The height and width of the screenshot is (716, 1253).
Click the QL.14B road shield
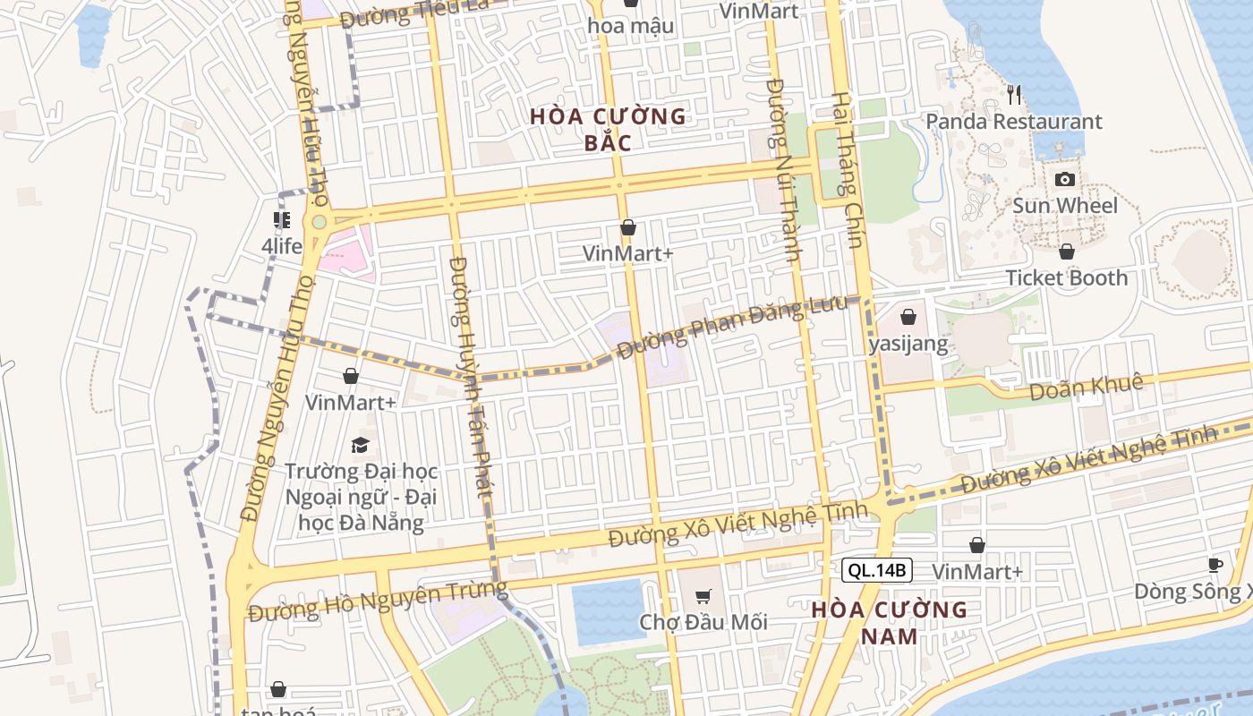pos(876,569)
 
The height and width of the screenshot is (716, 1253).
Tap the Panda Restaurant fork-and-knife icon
pos(1014,94)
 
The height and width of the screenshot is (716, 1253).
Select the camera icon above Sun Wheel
pos(1064,179)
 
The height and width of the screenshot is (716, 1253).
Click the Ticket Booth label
pos(1067,277)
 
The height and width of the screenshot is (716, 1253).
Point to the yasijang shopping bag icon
pos(908,317)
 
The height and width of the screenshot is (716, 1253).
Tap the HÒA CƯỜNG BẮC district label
pos(608,129)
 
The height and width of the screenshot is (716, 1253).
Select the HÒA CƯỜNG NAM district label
pos(890,623)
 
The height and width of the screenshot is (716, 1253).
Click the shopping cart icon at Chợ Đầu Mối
pos(703,596)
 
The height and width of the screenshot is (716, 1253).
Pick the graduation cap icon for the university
pos(360,444)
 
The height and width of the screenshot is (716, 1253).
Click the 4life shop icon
pos(282,220)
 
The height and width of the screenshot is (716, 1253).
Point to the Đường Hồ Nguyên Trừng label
pos(378,601)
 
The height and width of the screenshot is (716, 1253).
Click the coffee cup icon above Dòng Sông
pos(1215,565)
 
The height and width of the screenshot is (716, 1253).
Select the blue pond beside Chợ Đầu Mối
pos(609,612)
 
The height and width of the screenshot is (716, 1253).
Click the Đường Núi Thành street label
pos(782,170)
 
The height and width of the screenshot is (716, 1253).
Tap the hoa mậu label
pos(630,26)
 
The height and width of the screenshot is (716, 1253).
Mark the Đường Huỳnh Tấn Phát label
pos(471,376)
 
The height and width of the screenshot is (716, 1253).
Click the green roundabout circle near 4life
pos(319,222)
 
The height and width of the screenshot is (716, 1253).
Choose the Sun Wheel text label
pos(1065,206)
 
